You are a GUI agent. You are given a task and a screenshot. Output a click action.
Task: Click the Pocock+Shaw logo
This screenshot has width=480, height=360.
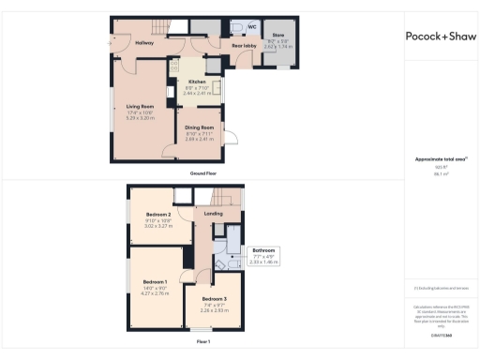tap(442, 37)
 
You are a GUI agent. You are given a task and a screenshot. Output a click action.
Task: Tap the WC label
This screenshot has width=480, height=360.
tap(251, 26)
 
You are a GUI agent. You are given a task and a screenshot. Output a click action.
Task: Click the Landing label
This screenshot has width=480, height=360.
tap(214, 215)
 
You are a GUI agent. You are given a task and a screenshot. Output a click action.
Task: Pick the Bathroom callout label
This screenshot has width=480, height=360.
tap(262, 250)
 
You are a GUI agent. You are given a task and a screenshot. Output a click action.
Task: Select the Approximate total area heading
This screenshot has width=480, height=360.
tap(440, 158)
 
